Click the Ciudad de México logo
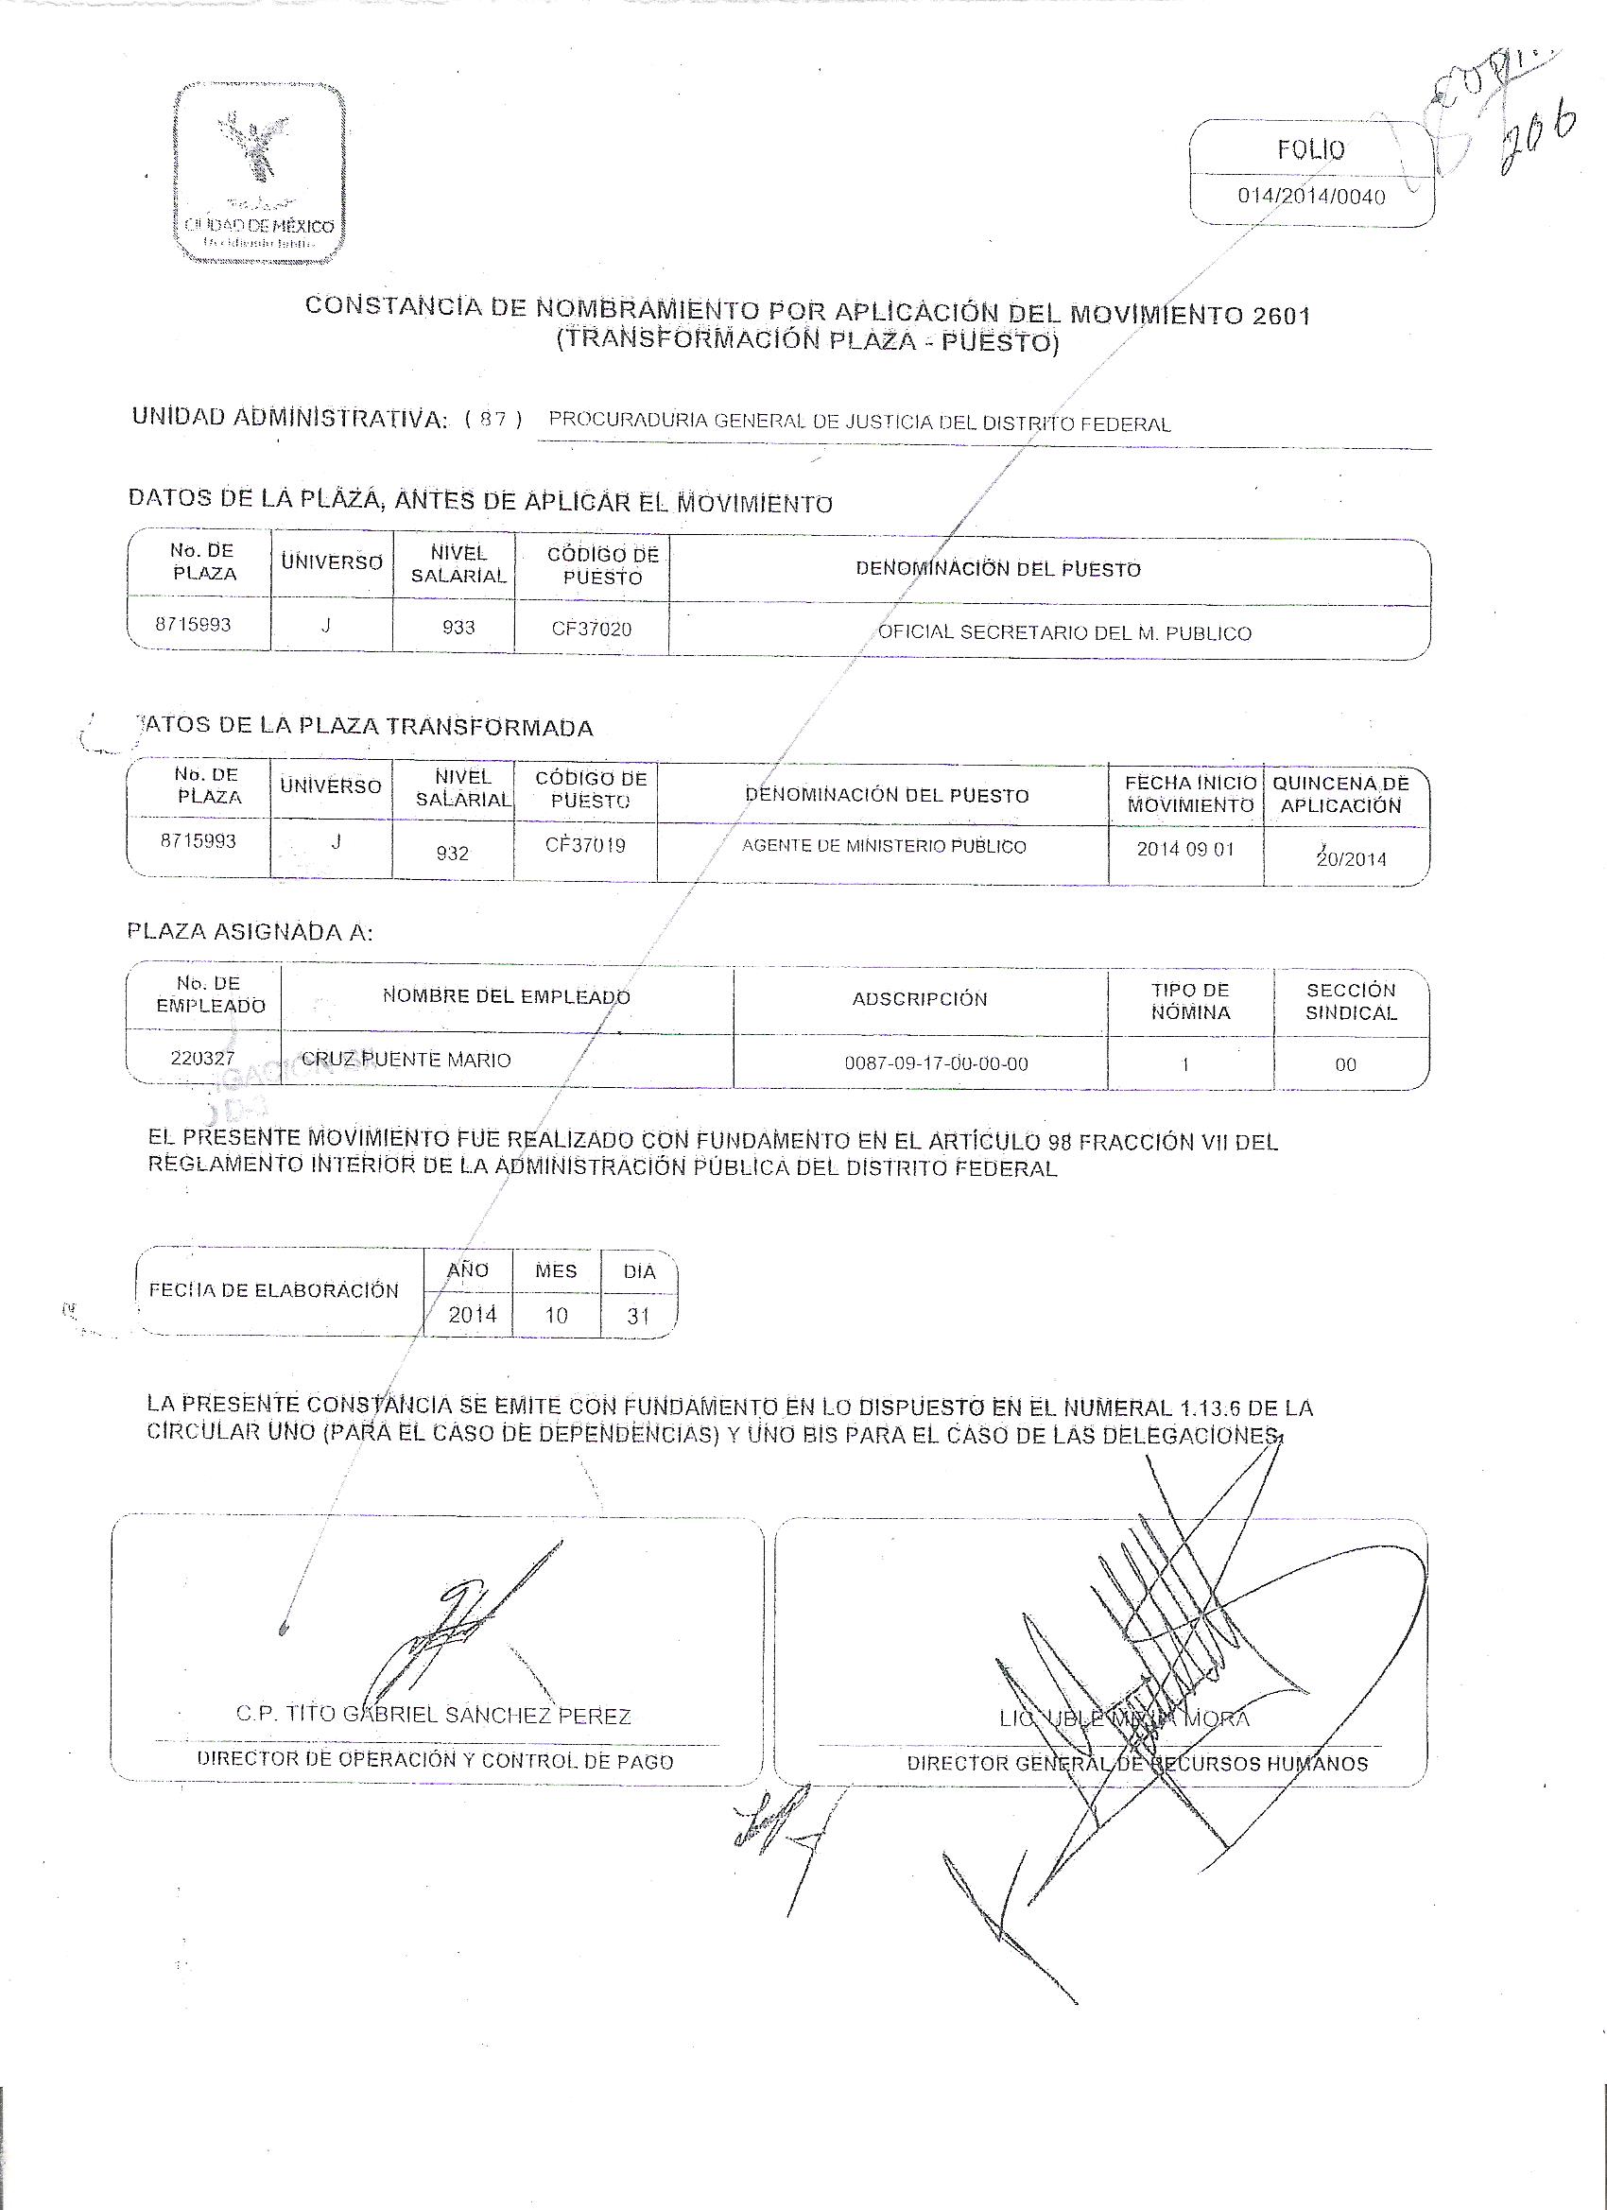point(259,175)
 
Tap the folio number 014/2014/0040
point(1311,197)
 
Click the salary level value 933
point(458,628)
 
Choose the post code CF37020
point(592,630)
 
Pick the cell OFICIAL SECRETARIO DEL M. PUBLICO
point(1064,633)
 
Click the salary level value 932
point(453,854)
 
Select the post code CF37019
point(585,846)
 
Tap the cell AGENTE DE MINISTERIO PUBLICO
point(884,847)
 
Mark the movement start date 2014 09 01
point(1185,850)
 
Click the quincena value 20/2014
point(1351,859)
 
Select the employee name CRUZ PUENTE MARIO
point(406,1061)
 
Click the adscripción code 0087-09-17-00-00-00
point(936,1064)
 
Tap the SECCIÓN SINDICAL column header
point(1351,1001)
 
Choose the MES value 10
point(556,1316)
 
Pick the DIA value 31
point(638,1317)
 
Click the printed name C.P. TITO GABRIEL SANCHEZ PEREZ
point(434,1716)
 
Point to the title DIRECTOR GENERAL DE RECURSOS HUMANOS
point(1137,1764)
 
